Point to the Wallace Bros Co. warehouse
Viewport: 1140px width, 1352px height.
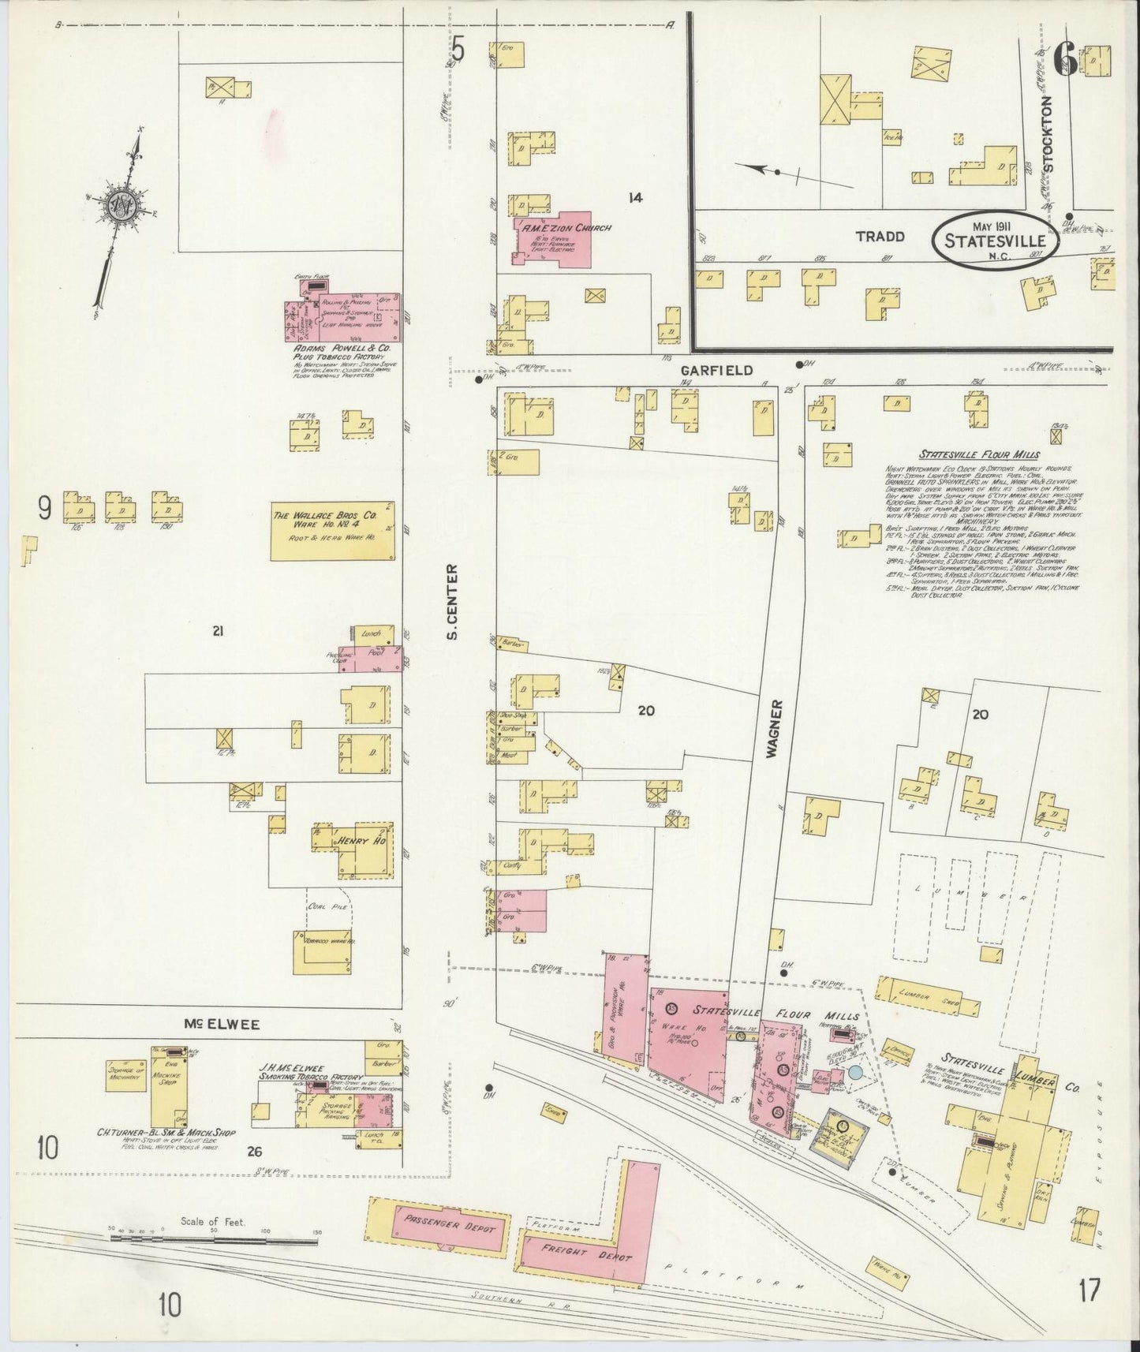coord(333,532)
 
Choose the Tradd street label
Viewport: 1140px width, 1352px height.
coord(881,237)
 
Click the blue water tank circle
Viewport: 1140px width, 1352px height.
coord(855,1073)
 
